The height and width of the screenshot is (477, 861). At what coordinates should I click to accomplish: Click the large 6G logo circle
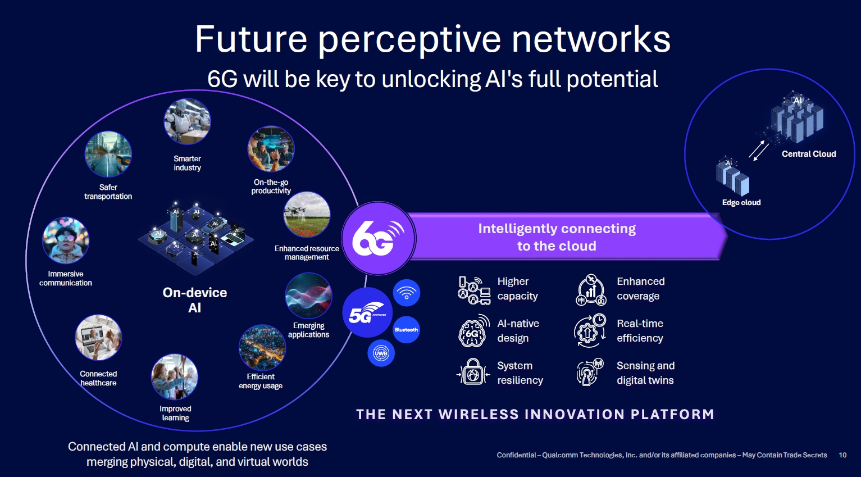coord(379,238)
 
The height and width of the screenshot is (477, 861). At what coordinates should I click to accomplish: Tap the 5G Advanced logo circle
coord(367,312)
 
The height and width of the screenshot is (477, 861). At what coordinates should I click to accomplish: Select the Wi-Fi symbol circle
coord(407,293)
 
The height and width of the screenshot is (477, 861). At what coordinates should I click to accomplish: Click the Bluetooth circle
coord(406,330)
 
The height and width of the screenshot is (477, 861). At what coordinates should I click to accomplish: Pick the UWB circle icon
coord(381,353)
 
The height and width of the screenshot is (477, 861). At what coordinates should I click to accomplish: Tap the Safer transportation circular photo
coord(108,155)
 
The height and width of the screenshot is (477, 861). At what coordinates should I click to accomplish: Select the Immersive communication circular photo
coord(66,240)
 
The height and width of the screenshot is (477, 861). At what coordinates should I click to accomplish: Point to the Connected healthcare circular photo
coord(98,338)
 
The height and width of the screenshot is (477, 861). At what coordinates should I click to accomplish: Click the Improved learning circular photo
coord(175,377)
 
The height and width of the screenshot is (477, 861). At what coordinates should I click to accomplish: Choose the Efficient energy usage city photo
coord(262,347)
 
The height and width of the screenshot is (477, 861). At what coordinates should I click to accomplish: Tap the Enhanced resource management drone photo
coord(307,215)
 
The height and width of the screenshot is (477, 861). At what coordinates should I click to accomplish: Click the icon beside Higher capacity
coord(473,289)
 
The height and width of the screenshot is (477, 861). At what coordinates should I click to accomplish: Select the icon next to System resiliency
coord(472,372)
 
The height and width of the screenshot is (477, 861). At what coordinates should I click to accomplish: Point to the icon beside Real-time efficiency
coord(590,330)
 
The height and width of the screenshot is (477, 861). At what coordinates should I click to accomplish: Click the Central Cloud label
coord(809,154)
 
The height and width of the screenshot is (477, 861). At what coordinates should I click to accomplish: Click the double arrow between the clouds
coord(758,151)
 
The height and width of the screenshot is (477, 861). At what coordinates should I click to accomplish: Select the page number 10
coord(842,455)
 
